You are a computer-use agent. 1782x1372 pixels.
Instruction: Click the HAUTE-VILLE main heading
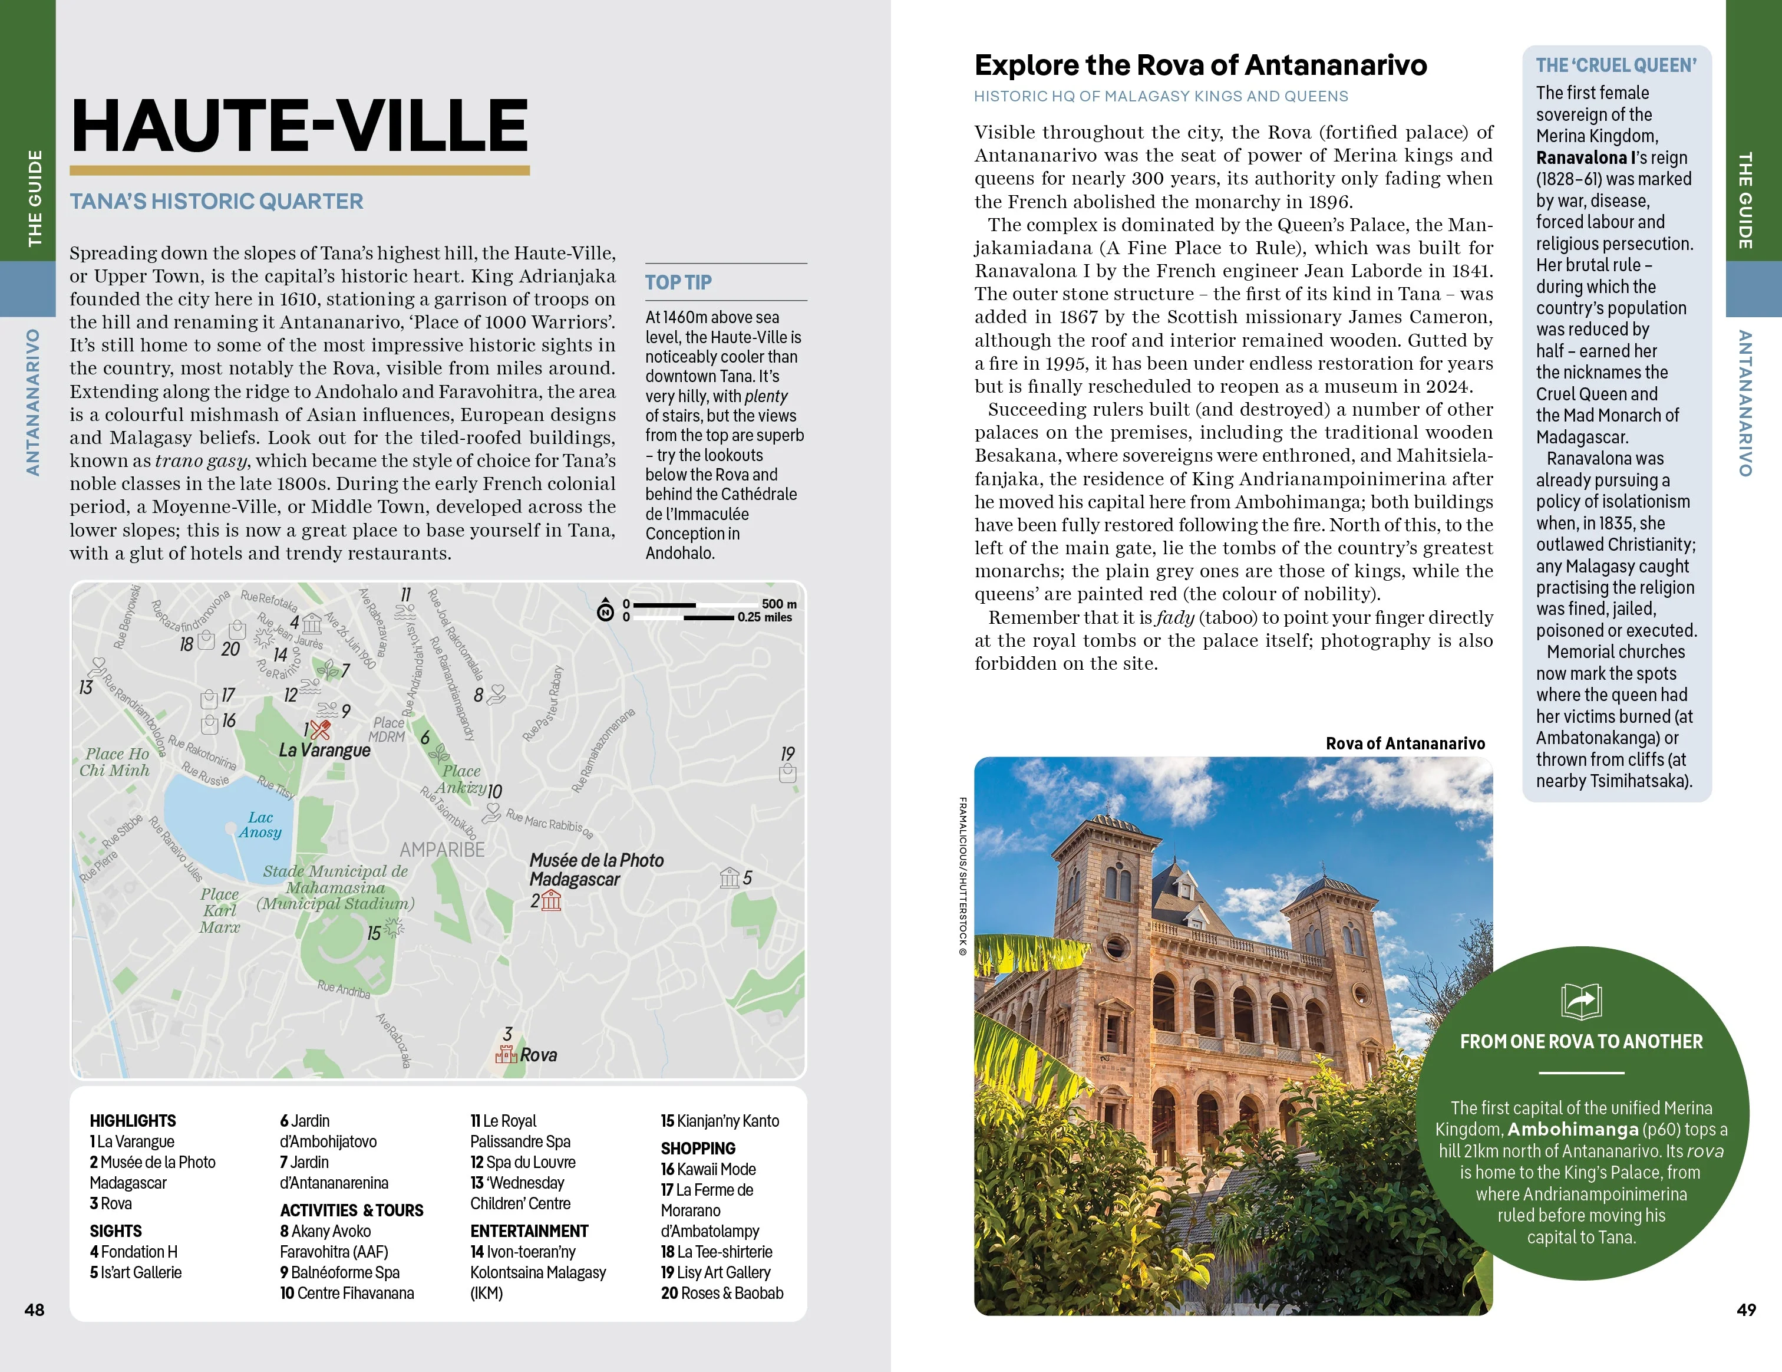pyautogui.click(x=299, y=125)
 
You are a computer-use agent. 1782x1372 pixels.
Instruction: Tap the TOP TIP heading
pyautogui.click(x=678, y=282)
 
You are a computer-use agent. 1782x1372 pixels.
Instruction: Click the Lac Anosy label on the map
pyautogui.click(x=260, y=824)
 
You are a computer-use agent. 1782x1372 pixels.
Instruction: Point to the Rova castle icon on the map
pyautogui.click(x=506, y=1055)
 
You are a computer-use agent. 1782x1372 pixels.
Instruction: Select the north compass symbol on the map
pyautogui.click(x=605, y=610)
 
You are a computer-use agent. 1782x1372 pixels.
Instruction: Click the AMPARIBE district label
pyautogui.click(x=442, y=850)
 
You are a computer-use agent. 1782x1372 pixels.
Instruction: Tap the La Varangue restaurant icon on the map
pyautogui.click(x=320, y=729)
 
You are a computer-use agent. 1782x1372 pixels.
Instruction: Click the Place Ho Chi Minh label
pyautogui.click(x=115, y=762)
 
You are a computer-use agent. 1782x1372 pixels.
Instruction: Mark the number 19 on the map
pyautogui.click(x=787, y=754)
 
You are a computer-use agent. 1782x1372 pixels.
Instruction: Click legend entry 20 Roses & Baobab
pyautogui.click(x=721, y=1293)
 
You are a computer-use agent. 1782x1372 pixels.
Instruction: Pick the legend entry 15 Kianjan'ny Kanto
pyautogui.click(x=720, y=1121)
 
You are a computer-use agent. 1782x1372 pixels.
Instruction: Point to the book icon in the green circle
pyautogui.click(x=1580, y=1001)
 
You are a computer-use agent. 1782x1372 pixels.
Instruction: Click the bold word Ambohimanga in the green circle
pyautogui.click(x=1572, y=1130)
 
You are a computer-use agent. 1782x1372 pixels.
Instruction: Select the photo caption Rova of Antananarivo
pyautogui.click(x=1405, y=743)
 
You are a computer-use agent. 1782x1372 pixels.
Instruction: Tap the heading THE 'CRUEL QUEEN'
pyautogui.click(x=1616, y=65)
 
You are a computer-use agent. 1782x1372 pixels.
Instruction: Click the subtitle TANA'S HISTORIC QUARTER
pyautogui.click(x=216, y=202)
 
